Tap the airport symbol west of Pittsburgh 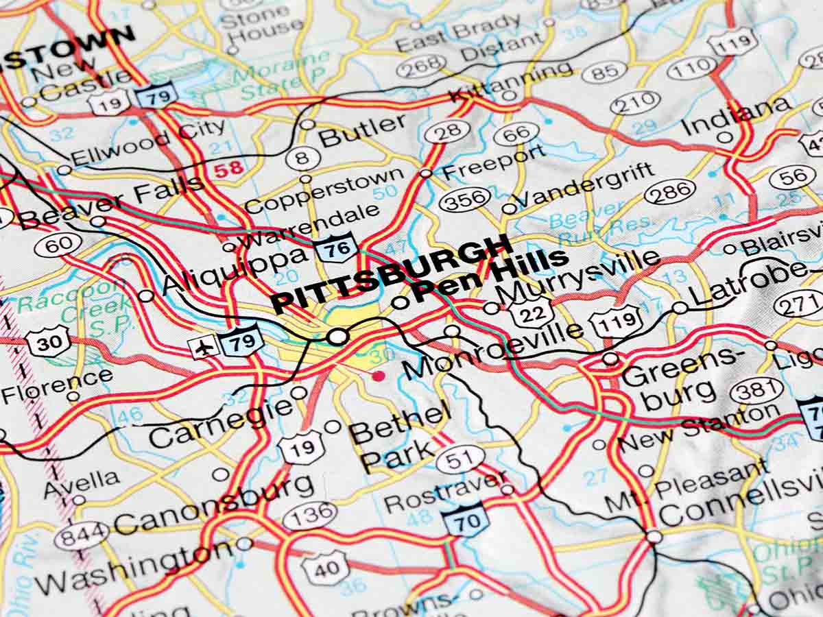(204, 347)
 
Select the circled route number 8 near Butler (302, 158)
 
